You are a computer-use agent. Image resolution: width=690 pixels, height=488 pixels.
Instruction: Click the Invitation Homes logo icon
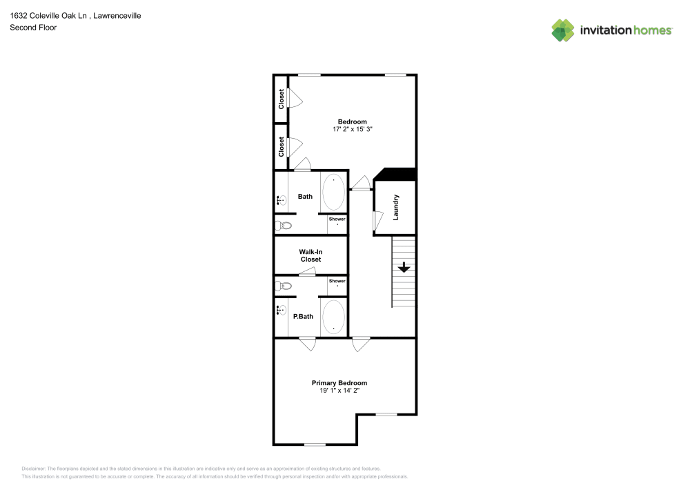tap(563, 30)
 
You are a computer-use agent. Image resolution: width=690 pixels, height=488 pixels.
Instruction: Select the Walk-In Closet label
tap(310, 255)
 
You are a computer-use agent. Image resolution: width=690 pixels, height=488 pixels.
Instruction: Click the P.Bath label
tap(303, 317)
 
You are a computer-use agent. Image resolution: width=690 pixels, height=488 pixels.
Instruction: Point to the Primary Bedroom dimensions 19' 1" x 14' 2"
tap(339, 391)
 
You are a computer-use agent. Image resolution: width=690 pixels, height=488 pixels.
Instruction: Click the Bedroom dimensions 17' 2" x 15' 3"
tap(352, 129)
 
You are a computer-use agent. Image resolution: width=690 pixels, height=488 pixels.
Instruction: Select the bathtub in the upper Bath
tap(333, 193)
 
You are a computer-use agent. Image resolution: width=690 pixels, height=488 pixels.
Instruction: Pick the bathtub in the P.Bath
tap(333, 316)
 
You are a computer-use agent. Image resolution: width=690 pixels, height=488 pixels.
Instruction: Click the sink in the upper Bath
tap(282, 201)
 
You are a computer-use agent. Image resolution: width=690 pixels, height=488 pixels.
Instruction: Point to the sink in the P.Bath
tap(282, 311)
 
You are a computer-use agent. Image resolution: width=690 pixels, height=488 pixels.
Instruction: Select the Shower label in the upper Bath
tap(337, 219)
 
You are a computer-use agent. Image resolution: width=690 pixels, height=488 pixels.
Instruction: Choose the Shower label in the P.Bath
tap(337, 281)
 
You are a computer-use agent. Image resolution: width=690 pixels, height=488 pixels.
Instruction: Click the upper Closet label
tap(282, 99)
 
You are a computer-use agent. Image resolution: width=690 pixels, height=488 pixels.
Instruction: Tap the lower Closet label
tap(282, 146)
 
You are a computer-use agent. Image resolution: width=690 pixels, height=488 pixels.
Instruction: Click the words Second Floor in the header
tap(33, 28)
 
